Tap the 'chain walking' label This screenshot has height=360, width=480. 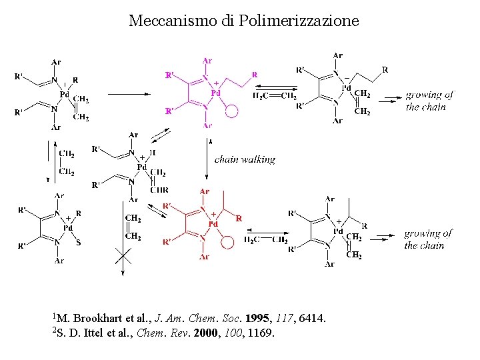click(x=245, y=159)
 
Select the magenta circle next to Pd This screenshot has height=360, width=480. click(x=231, y=111)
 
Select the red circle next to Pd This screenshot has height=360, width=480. click(x=228, y=243)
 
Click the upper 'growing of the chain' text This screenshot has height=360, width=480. click(x=429, y=101)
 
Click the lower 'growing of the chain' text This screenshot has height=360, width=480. click(x=427, y=239)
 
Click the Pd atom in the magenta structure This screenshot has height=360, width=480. click(x=215, y=93)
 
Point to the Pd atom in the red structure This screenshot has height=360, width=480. click(x=213, y=225)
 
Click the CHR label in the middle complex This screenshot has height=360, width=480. click(x=159, y=190)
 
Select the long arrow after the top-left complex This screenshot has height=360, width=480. click(x=131, y=95)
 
